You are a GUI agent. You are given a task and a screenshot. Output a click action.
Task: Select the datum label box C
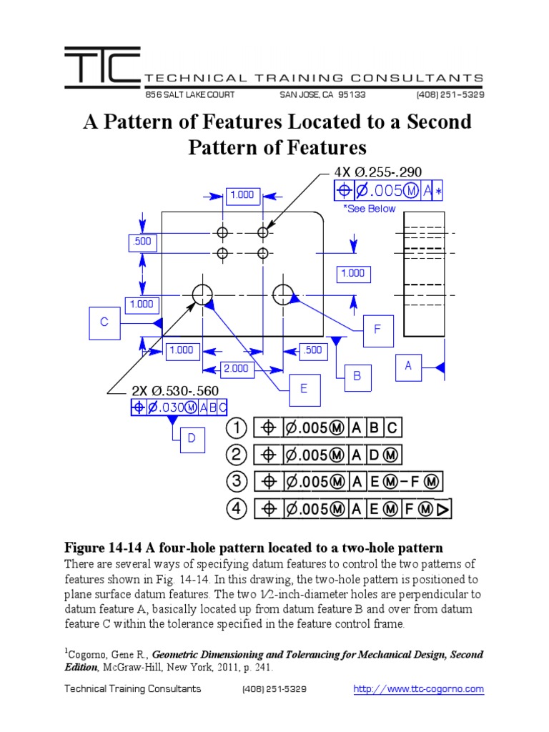[104, 322]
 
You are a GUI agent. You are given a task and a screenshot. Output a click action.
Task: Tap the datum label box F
[378, 330]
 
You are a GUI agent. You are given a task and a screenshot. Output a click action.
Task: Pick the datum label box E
[304, 389]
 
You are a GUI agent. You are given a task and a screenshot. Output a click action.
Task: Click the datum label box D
[192, 438]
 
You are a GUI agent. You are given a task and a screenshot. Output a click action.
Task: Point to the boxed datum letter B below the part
[356, 377]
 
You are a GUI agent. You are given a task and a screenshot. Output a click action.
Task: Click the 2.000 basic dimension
[235, 368]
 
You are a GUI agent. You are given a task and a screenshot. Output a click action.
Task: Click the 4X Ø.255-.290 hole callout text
[378, 172]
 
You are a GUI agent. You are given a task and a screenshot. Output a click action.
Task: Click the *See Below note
[369, 209]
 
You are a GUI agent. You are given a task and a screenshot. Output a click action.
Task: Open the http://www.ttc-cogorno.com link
[419, 689]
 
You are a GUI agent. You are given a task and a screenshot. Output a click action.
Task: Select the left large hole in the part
[202, 292]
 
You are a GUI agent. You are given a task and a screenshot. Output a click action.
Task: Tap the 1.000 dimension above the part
[242, 194]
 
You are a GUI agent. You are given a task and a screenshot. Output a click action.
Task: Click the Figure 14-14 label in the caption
[104, 548]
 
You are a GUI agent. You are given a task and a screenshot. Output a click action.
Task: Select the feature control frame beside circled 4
[354, 509]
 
